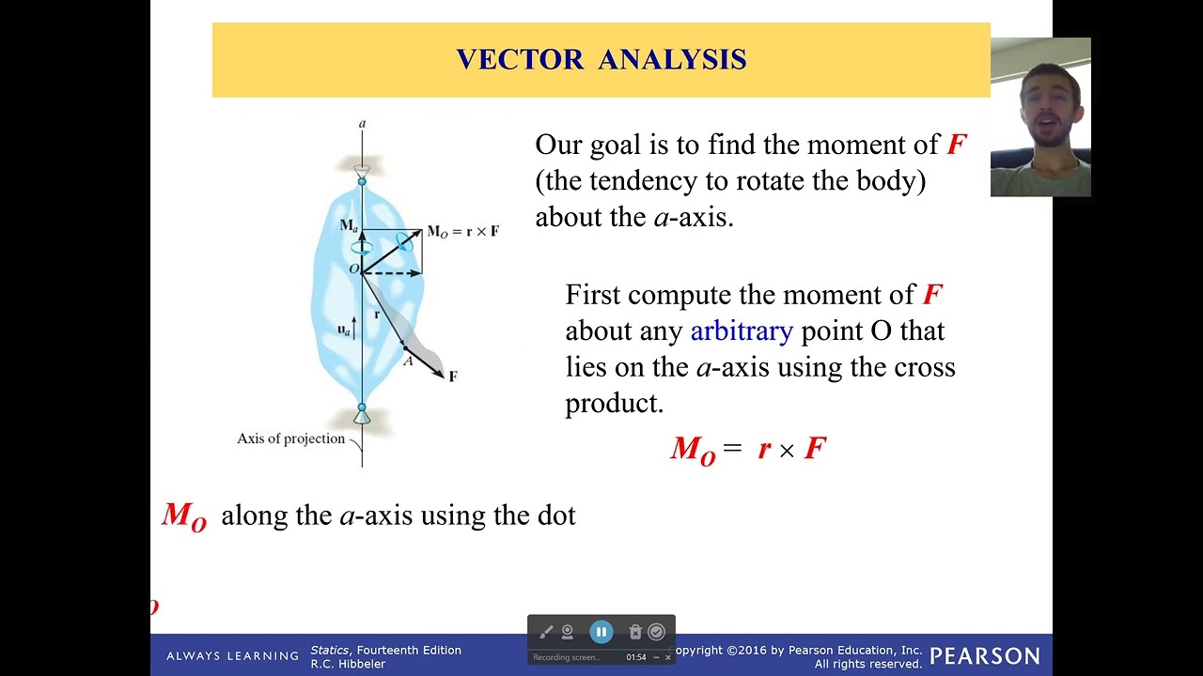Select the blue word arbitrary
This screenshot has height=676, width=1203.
point(742,330)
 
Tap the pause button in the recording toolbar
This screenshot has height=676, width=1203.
point(601,632)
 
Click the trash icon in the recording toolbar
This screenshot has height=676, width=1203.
point(635,632)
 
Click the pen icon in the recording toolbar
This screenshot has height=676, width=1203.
point(546,632)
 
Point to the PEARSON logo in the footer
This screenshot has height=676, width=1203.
point(984,656)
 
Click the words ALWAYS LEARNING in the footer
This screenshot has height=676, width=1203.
point(232,656)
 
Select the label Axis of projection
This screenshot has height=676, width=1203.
point(290,438)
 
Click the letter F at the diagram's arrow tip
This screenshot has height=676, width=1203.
point(453,376)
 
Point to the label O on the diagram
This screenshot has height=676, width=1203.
point(353,269)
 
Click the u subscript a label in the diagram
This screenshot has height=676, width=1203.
point(344,330)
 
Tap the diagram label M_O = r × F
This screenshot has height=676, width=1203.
point(463,231)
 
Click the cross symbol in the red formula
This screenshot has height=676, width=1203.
point(787,451)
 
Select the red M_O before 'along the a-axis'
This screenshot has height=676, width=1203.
point(184,516)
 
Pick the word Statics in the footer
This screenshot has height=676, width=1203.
point(330,650)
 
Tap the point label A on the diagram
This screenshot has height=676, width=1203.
point(408,361)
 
